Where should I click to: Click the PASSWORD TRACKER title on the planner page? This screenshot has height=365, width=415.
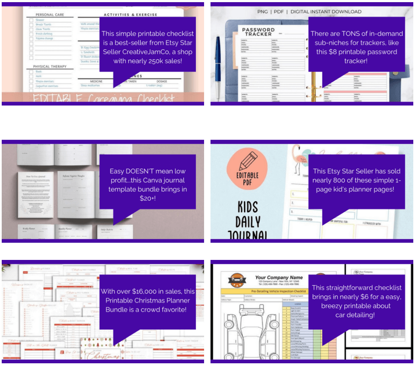[x=259, y=32]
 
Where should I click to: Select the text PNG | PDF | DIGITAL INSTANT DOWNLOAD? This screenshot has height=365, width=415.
[x=309, y=12]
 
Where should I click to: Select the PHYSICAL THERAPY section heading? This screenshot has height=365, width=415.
[x=50, y=67]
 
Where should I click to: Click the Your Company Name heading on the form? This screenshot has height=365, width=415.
[x=279, y=277]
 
